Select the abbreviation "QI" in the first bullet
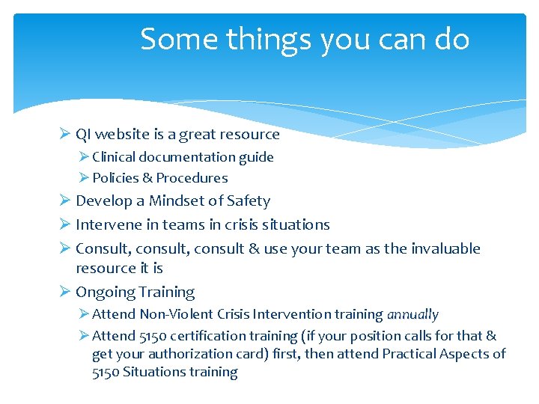(x=84, y=135)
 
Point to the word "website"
(x=121, y=135)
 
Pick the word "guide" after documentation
(x=256, y=157)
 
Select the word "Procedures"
(x=192, y=178)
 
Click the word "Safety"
(x=248, y=201)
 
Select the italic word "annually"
(x=412, y=314)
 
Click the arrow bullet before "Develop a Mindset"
(x=64, y=201)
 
